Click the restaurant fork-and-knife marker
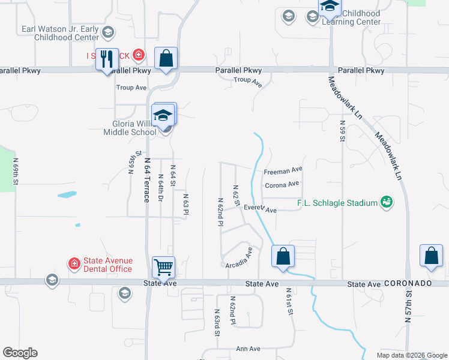pos(107,59)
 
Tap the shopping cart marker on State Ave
pos(163,266)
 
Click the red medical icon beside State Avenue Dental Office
pos(74,263)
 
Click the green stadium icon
pos(387,202)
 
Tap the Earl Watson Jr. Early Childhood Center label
pos(60,32)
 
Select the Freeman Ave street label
pos(283,172)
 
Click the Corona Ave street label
pos(282,185)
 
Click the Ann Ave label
pos(248,349)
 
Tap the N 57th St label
pos(409,307)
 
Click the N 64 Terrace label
pos(146,179)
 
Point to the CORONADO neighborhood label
pos(408,283)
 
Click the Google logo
pos(20,353)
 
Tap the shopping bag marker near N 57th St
pos(431,255)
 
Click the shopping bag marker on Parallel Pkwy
pos(166,59)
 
